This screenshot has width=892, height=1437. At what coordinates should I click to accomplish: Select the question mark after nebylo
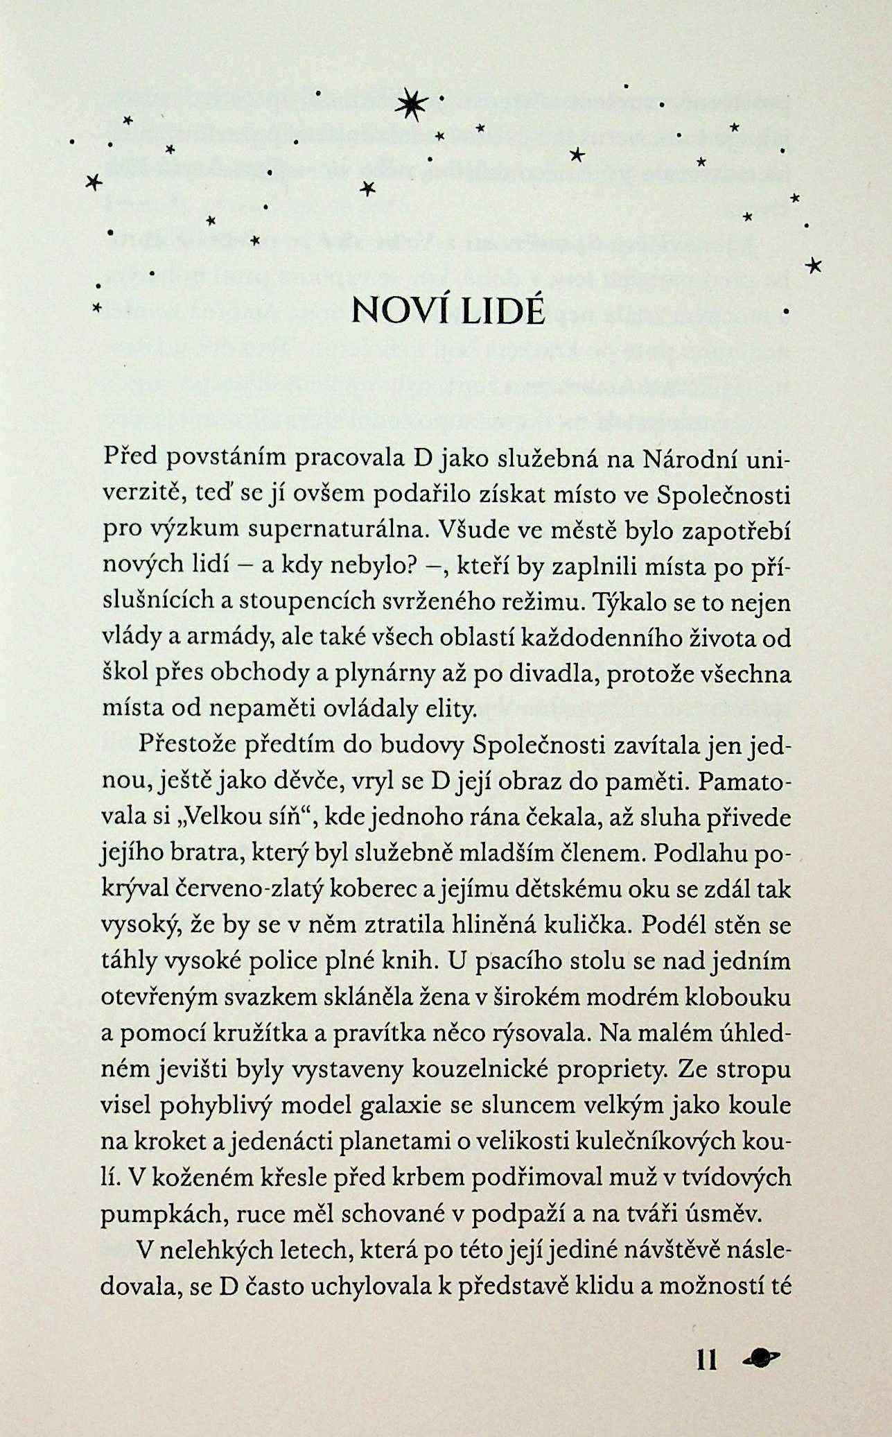tap(408, 566)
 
